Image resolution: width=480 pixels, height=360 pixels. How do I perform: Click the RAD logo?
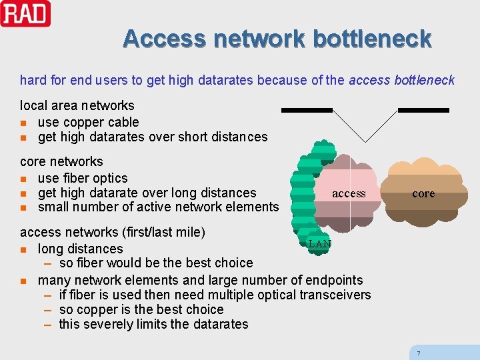[25, 13]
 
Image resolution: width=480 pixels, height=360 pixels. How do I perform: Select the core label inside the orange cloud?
[423, 193]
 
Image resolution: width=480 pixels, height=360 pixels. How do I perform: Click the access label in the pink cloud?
[349, 193]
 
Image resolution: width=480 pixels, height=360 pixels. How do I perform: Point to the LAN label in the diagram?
[320, 244]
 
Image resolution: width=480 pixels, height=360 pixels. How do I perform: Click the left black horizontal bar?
[307, 109]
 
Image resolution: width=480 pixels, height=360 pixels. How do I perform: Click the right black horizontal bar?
[423, 109]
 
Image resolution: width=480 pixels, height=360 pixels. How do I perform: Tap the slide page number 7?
[418, 353]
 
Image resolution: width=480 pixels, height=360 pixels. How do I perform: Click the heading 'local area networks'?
[77, 105]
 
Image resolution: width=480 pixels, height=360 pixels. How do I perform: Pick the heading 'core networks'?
[61, 161]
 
